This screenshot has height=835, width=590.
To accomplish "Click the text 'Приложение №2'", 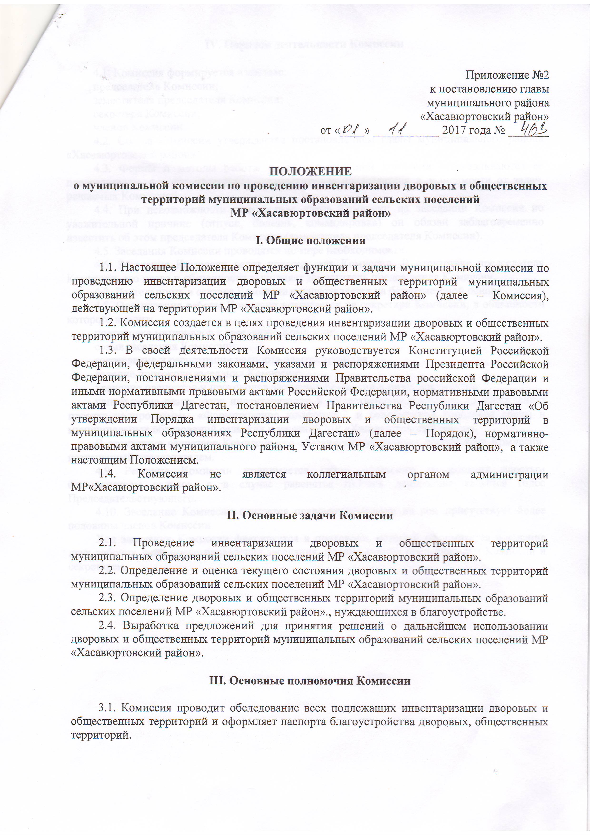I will pos(507,75).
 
